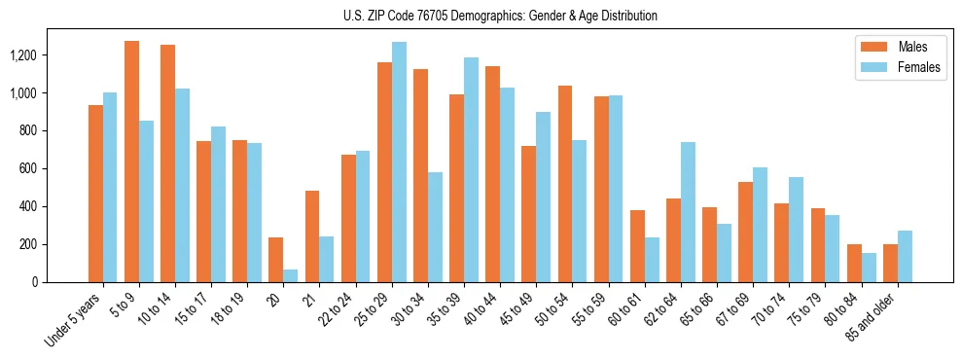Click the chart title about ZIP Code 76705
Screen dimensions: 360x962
(481, 16)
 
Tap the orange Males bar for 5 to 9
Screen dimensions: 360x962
(131, 162)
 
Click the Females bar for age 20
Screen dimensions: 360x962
(291, 275)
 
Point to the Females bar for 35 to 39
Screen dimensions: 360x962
(471, 170)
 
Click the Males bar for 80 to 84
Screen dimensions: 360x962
(854, 263)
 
